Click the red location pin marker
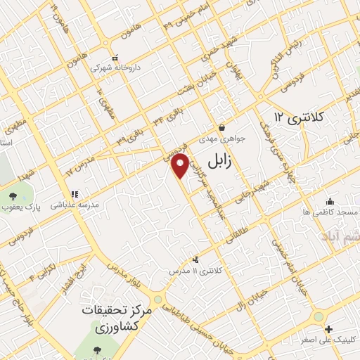[181, 165]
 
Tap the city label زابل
[219, 162]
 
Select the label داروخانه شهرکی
[115, 68]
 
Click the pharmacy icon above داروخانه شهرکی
[115, 58]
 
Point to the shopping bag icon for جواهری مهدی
[222, 128]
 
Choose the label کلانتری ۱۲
[298, 116]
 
